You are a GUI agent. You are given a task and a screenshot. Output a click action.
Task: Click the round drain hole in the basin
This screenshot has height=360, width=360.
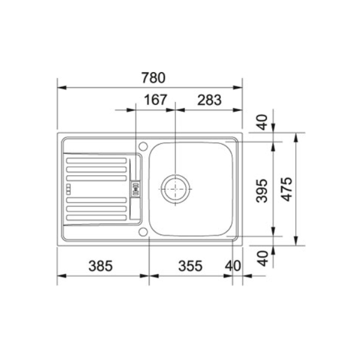(175, 188)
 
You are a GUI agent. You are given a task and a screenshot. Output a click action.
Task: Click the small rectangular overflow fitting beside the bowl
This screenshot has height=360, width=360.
(136, 188)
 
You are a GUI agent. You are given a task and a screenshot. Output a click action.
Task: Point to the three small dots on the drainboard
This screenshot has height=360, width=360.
(70, 188)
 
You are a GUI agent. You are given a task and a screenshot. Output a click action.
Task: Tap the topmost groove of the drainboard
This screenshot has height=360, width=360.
(96, 160)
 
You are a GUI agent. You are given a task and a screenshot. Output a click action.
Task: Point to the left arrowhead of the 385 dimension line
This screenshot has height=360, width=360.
(60, 277)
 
